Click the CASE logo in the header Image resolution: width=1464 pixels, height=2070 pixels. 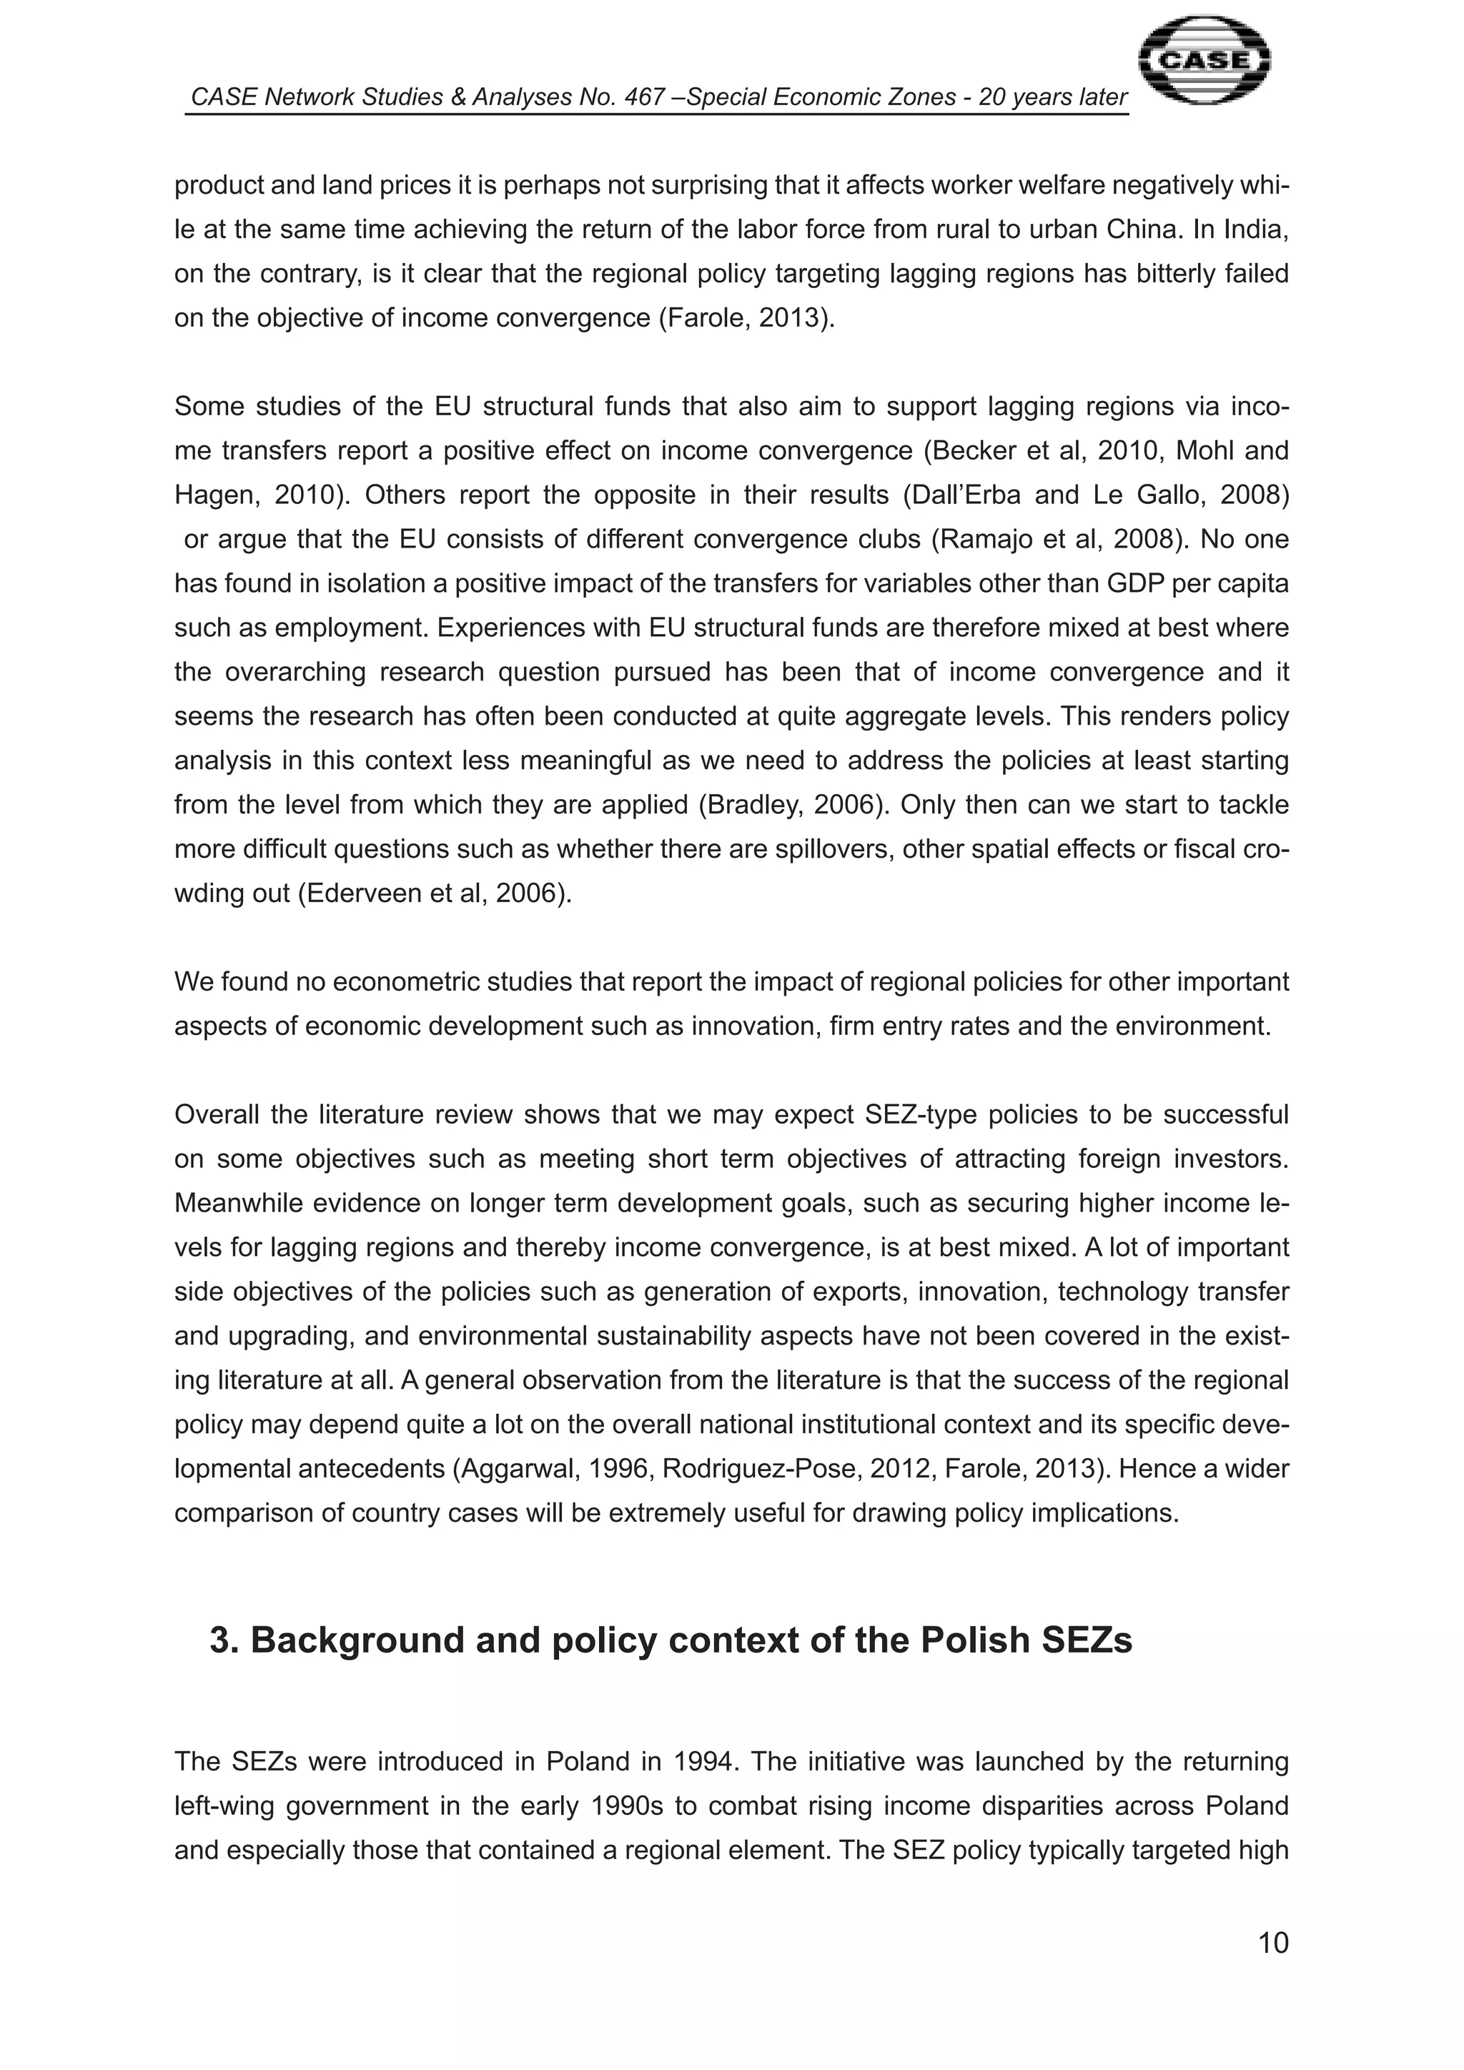click(x=1204, y=61)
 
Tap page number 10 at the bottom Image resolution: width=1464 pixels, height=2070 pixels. click(x=1272, y=1943)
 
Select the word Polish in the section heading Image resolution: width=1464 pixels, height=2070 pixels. click(x=974, y=1640)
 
